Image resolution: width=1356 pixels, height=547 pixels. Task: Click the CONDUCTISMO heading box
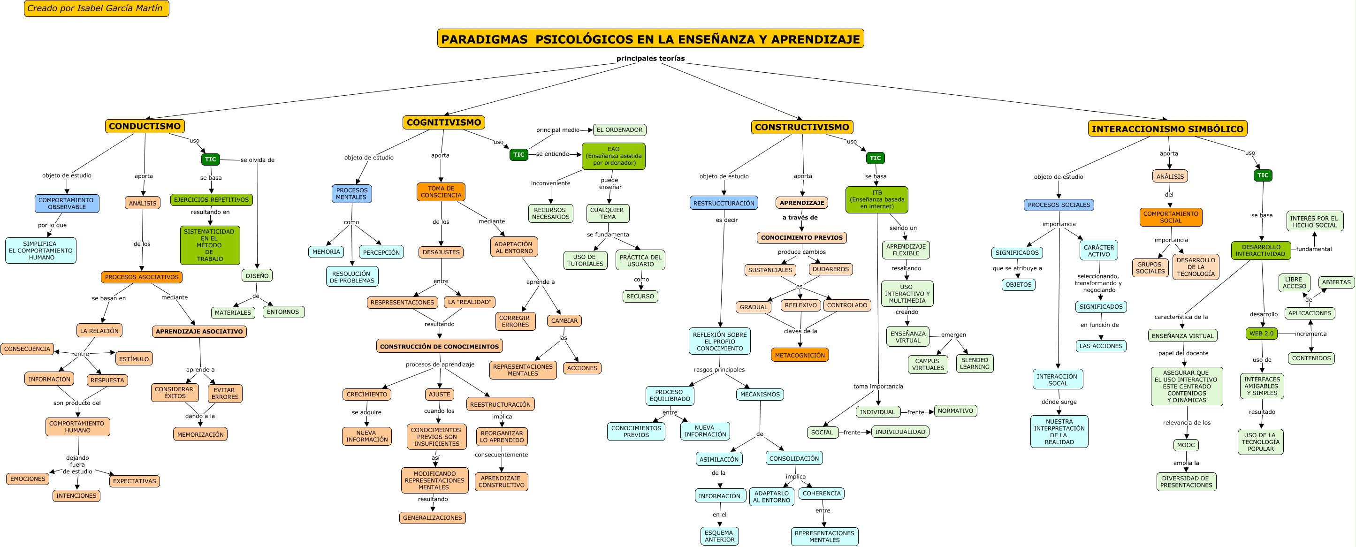point(145,126)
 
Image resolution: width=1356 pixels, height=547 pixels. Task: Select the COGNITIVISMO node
point(444,122)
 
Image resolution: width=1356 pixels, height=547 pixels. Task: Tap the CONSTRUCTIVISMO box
point(802,127)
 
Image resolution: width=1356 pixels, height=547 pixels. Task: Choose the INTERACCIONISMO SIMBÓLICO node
point(1167,129)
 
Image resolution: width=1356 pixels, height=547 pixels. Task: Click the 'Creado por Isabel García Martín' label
point(96,8)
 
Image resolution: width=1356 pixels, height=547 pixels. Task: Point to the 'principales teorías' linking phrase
point(651,59)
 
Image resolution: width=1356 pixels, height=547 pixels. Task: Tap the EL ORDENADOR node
point(619,130)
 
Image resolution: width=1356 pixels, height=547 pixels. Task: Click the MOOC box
point(1186,445)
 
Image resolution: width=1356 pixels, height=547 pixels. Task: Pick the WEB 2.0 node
point(1261,333)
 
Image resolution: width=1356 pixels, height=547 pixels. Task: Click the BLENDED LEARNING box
point(975,364)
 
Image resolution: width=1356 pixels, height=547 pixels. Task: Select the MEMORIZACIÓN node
point(200,435)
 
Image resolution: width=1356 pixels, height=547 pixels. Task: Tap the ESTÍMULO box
point(134,359)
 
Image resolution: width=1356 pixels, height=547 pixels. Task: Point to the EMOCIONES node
point(28,479)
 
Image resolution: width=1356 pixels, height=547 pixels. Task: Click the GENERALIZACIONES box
point(432,518)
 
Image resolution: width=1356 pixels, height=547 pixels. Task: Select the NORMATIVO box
point(955,411)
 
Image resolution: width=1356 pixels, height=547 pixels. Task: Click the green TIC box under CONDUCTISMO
point(211,160)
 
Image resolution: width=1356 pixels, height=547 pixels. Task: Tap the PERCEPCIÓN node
point(381,253)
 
